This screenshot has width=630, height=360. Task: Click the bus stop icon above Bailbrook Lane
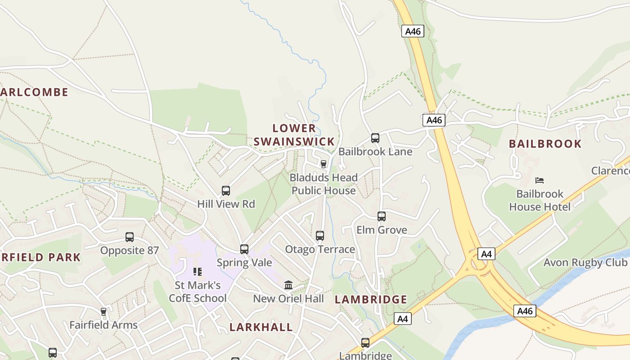pos(375,138)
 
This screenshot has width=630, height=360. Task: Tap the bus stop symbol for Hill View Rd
pos(226,191)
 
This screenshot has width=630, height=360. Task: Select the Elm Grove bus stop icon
pos(382,216)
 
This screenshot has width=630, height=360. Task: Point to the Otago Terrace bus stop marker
pos(320,236)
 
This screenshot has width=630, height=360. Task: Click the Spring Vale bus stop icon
pos(244,249)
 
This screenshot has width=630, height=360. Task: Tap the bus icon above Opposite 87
pos(130,237)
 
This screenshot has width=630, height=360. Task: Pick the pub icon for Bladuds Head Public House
pos(323,164)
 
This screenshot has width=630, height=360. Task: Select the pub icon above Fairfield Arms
pos(103,312)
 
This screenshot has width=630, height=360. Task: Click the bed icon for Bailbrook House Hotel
pos(540,180)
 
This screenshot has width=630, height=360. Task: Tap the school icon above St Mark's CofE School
pos(198,272)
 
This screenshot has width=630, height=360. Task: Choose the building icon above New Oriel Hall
pos(288,285)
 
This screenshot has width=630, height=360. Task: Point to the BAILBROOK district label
pos(545,144)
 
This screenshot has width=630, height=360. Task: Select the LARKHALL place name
pos(261,327)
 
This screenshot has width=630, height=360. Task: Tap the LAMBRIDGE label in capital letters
pos(371,300)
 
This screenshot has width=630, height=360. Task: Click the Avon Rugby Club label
pos(586,262)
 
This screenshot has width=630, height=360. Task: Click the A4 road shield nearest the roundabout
pos(486,254)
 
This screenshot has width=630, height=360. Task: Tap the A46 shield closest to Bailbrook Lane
pos(434,120)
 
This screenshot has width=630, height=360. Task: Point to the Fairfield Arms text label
pos(103,325)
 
